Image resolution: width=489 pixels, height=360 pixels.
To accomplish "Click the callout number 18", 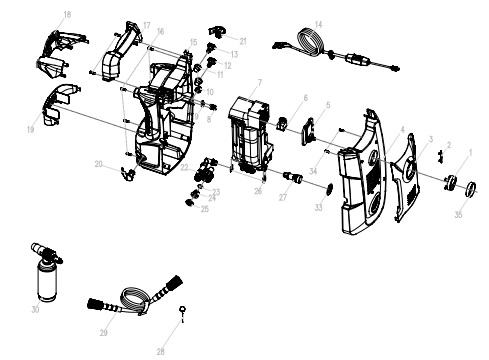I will click(66, 15).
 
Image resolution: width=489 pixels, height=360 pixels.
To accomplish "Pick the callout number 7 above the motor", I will click(259, 82).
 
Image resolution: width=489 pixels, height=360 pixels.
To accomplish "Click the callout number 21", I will click(242, 41).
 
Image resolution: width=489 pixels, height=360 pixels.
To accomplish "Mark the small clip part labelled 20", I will click(127, 175).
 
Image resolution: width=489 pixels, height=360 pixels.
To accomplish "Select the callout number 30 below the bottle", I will click(35, 311).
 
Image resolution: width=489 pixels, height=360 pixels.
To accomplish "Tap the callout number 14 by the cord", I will click(318, 23).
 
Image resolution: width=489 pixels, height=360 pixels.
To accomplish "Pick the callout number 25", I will click(205, 209).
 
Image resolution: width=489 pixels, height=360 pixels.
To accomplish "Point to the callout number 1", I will click(471, 152).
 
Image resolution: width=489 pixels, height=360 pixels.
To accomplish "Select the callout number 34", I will click(313, 172).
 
